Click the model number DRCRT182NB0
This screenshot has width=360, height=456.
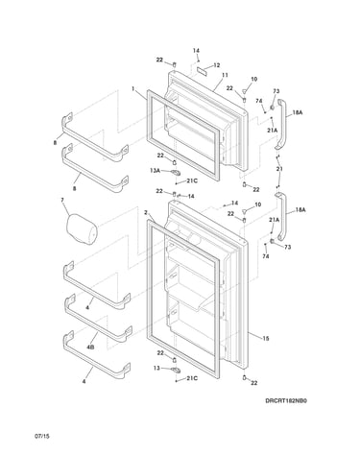(x=286, y=400)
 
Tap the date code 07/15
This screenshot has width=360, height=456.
(x=42, y=436)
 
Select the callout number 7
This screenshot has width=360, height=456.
(x=62, y=200)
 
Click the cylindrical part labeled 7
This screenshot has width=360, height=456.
(x=82, y=229)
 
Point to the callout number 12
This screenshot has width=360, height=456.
(x=217, y=65)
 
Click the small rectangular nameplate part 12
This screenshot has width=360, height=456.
(x=202, y=71)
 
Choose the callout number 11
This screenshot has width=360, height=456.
(x=225, y=75)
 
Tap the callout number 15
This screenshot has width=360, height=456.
(x=266, y=338)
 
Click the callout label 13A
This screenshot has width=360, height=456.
(x=155, y=171)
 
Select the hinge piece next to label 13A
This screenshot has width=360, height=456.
(x=176, y=173)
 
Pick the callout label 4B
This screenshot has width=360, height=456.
(x=90, y=347)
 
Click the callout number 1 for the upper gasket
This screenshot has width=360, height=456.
(x=132, y=88)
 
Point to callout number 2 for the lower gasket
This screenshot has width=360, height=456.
(x=146, y=212)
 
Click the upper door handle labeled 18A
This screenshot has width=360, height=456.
(x=280, y=124)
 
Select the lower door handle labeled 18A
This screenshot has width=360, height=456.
(x=280, y=216)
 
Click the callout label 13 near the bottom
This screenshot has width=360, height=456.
(x=156, y=369)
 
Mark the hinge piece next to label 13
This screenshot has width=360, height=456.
(x=176, y=371)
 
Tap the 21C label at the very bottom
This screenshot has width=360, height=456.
(x=192, y=378)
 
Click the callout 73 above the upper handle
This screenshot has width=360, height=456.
(x=276, y=91)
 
